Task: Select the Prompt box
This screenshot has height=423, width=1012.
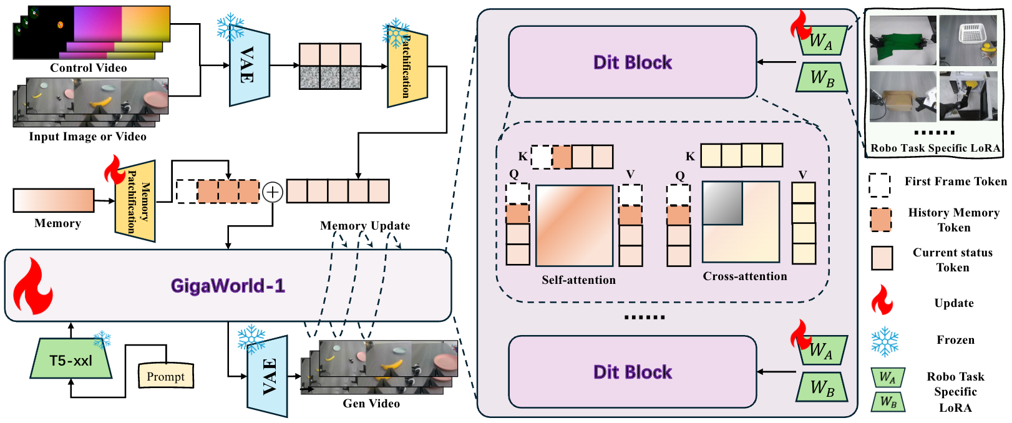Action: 166,376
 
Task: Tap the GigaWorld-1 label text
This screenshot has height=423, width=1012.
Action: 228,286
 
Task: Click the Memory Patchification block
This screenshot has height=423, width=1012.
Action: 135,201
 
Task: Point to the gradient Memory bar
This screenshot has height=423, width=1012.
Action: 54,200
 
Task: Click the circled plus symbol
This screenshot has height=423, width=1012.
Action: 273,192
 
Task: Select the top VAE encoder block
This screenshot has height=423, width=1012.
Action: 250,64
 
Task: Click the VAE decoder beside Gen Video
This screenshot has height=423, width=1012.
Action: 268,376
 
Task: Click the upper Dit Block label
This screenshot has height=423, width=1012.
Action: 633,62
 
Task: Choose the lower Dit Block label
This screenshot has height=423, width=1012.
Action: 633,372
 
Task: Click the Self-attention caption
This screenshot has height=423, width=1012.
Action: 579,280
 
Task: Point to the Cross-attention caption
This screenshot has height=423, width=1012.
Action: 745,276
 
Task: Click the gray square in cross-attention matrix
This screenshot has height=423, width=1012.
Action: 723,203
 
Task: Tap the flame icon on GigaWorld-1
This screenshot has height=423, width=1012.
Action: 32,286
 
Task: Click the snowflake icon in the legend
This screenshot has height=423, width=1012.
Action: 885,342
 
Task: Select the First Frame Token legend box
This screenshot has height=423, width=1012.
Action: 879,185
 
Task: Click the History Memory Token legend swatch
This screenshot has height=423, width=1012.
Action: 880,220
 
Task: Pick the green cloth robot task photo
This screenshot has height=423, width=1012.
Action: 903,41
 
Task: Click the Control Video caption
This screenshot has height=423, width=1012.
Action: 89,68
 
